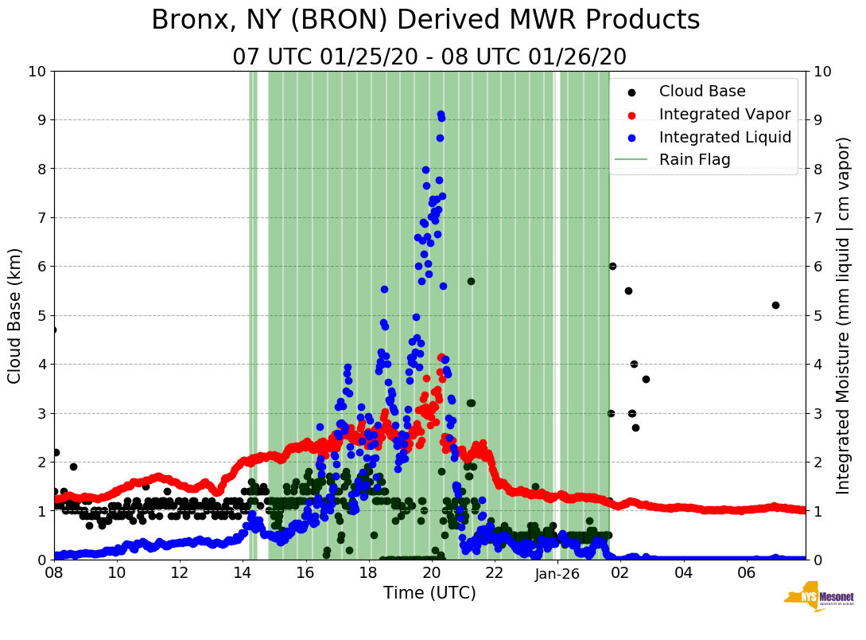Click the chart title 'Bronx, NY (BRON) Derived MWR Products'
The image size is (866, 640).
[x=425, y=20]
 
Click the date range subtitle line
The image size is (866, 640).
[x=429, y=57]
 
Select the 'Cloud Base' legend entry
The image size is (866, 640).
[x=702, y=92]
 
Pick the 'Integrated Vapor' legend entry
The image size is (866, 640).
[x=724, y=114]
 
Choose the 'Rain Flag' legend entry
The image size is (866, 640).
[x=694, y=159]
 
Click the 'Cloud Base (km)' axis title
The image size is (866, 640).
[x=15, y=315]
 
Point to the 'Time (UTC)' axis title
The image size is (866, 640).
[x=429, y=593]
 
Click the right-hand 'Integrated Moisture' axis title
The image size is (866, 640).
[x=844, y=315]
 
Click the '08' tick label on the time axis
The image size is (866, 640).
[x=54, y=573]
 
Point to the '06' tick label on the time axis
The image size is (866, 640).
[x=746, y=573]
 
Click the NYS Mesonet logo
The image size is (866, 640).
[x=818, y=598]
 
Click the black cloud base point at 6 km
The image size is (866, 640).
[x=612, y=266]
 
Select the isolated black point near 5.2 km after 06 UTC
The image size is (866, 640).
[x=775, y=305]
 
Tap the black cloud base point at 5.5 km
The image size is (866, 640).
[x=628, y=291]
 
